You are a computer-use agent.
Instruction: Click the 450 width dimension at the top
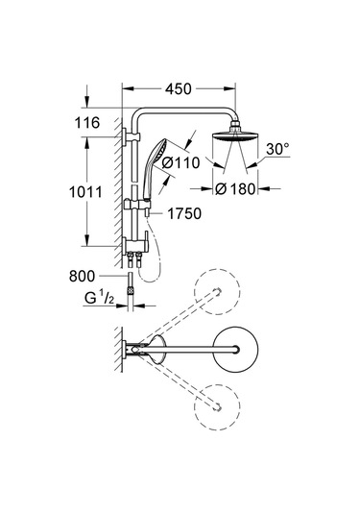[180, 87]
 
